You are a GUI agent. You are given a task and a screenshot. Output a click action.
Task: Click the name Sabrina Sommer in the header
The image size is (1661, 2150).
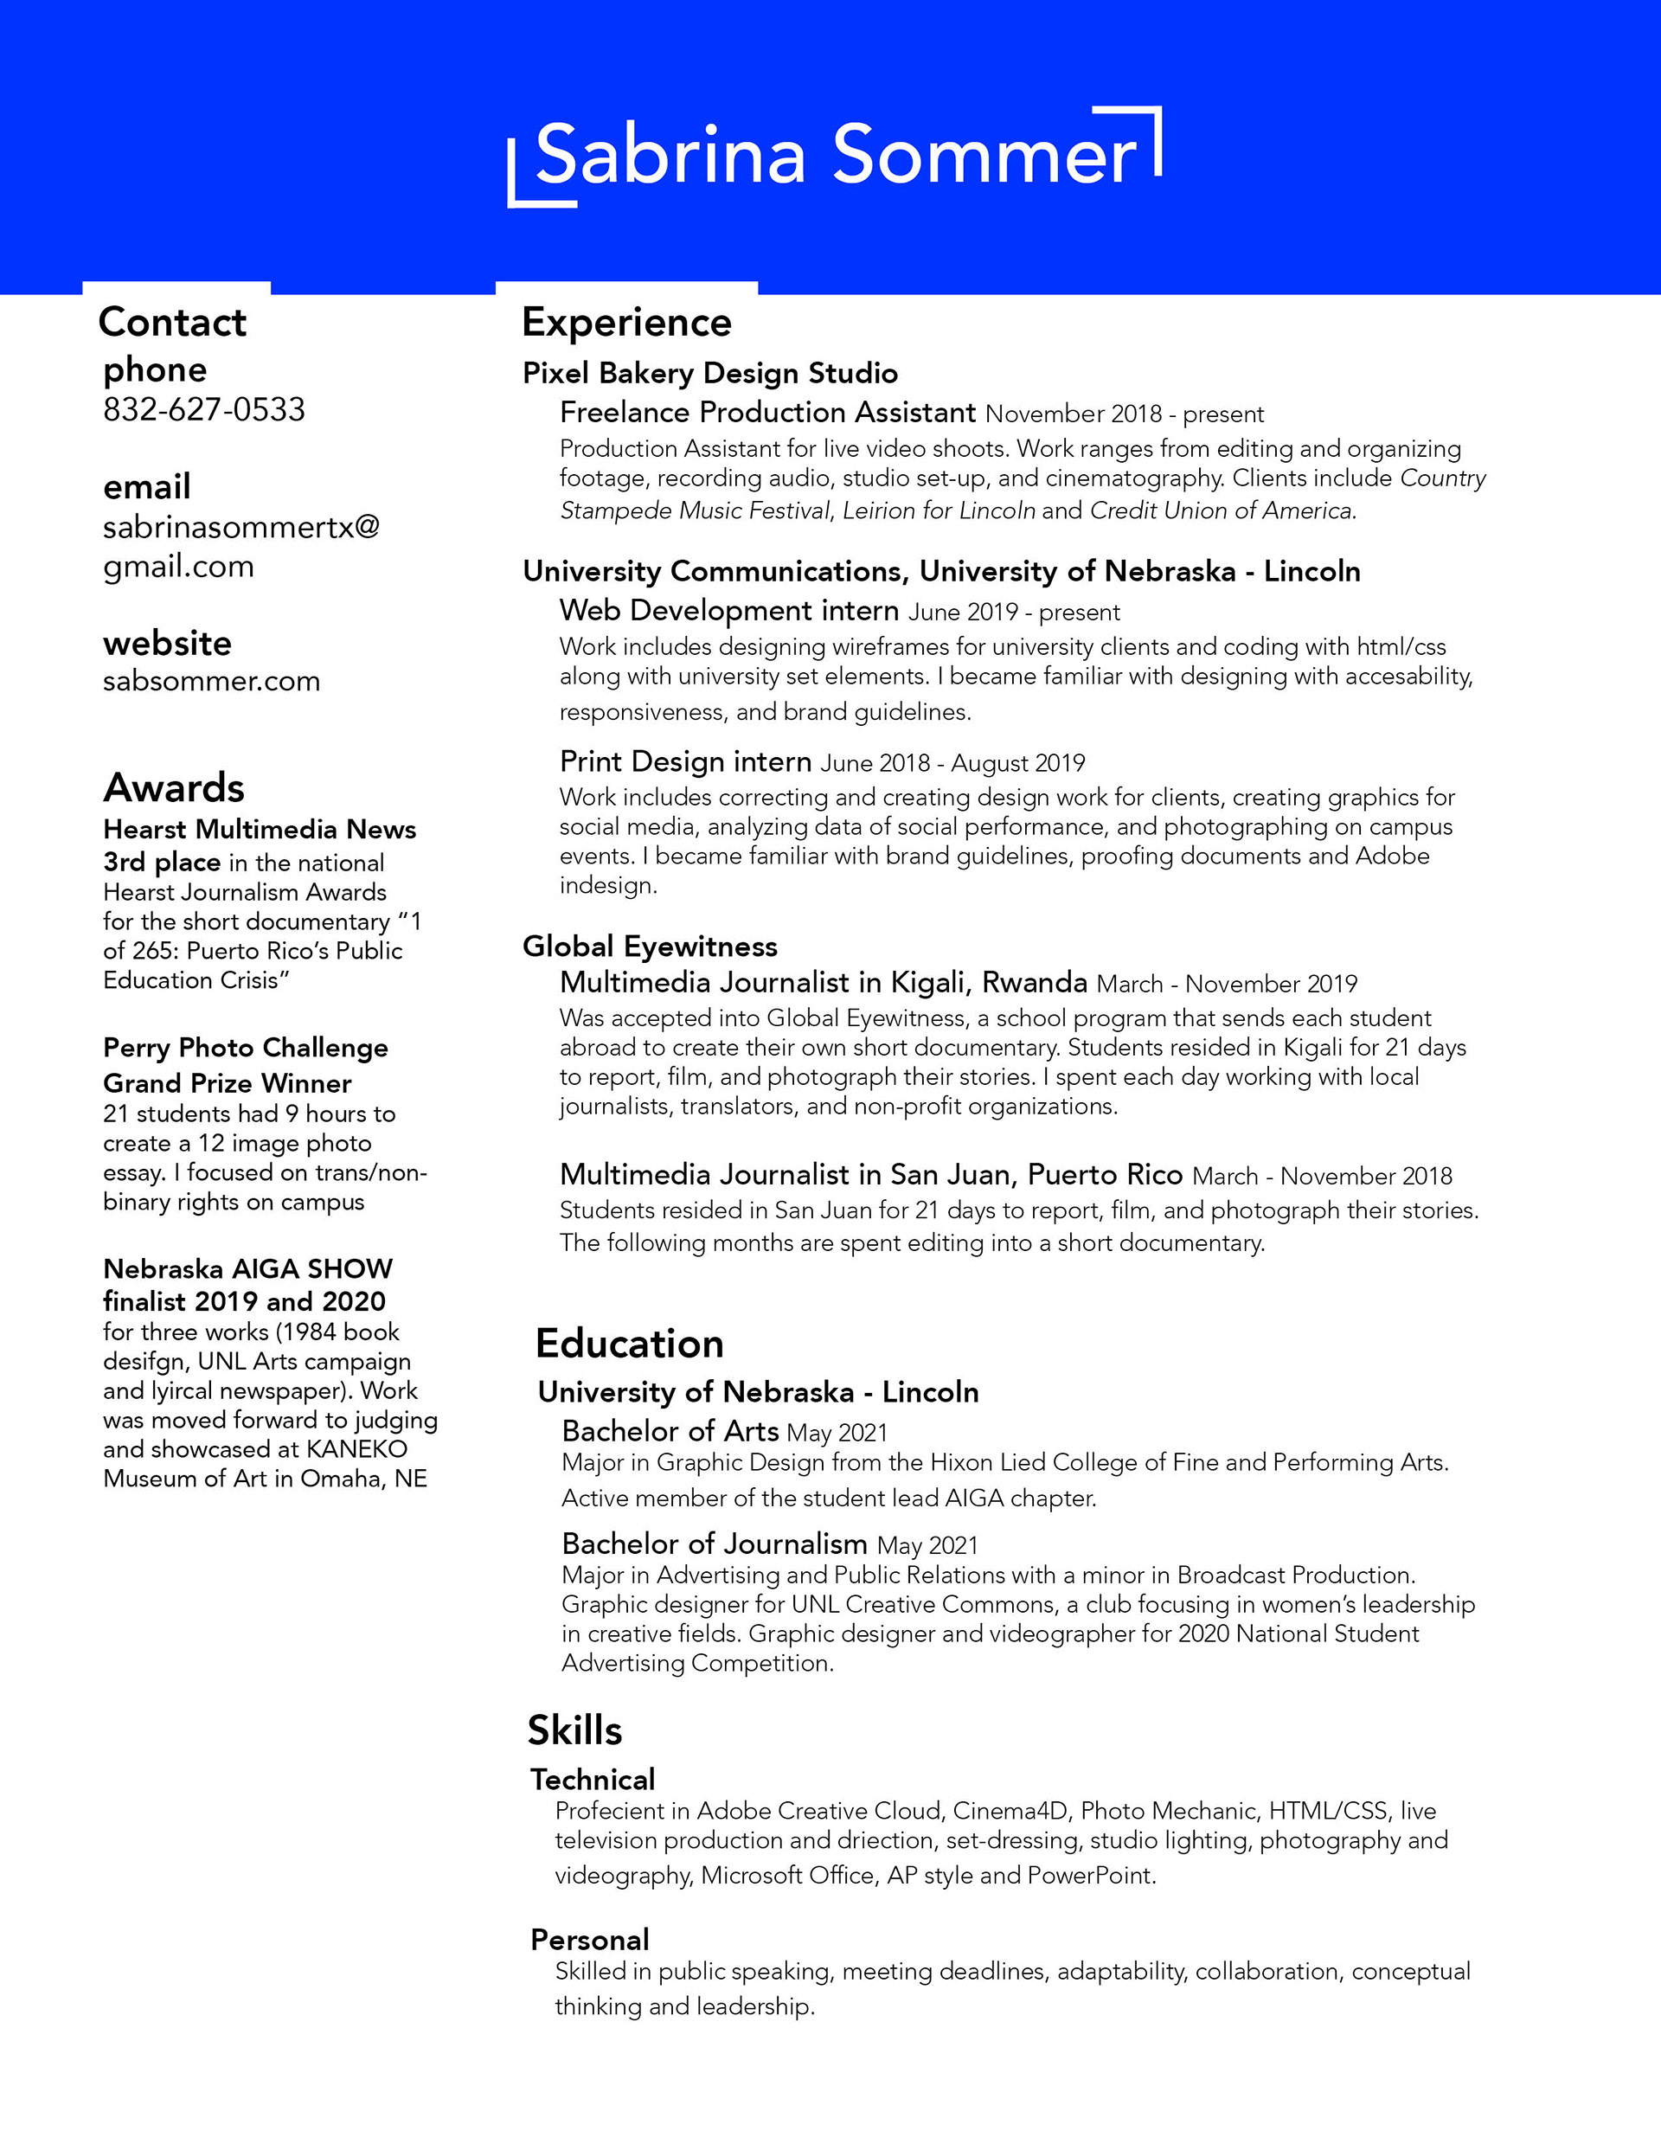click(x=835, y=156)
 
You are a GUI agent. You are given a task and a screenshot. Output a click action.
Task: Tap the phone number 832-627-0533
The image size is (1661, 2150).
click(x=204, y=409)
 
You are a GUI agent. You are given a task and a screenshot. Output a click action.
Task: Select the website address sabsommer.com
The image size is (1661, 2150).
click(x=212, y=681)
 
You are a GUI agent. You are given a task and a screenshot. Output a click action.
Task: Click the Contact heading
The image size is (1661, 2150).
click(x=172, y=323)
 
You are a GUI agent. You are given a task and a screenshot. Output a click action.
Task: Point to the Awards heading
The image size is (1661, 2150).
click(x=174, y=787)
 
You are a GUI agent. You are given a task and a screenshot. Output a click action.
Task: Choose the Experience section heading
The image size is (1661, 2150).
click(x=626, y=323)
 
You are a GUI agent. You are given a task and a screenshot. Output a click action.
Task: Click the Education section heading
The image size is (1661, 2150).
click(x=629, y=1344)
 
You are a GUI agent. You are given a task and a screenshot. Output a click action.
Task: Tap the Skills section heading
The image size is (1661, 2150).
click(x=575, y=1730)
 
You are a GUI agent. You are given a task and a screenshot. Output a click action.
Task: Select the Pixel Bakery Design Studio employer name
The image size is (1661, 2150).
click(x=710, y=373)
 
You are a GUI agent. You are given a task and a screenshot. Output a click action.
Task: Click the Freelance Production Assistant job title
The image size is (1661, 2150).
click(x=768, y=413)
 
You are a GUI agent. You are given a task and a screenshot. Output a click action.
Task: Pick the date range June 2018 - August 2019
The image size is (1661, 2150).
click(x=952, y=763)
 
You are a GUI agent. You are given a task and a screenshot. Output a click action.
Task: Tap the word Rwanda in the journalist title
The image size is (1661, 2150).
click(x=1035, y=983)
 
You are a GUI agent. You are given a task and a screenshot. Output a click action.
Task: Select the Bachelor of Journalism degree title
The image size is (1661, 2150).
click(x=714, y=1544)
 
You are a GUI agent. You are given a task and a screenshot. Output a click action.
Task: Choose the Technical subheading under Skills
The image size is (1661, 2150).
click(x=593, y=1779)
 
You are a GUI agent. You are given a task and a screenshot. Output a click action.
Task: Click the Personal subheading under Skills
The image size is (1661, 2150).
click(x=590, y=1940)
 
